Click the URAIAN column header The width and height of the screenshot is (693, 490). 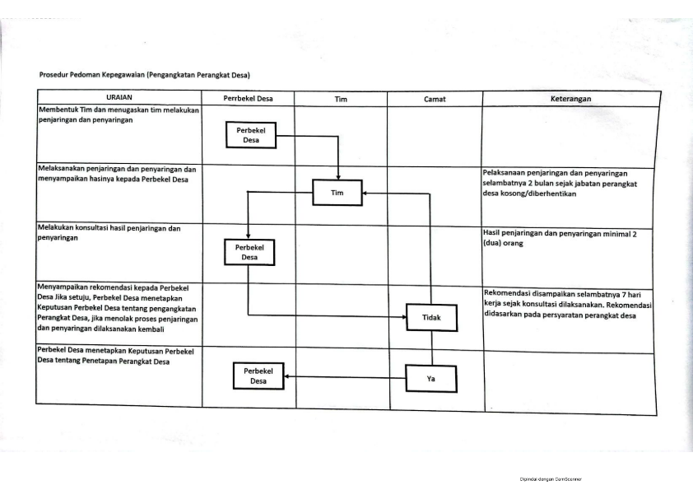tap(119, 97)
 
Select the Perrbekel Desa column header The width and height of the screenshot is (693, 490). tap(248, 98)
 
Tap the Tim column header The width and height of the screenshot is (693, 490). tap(340, 99)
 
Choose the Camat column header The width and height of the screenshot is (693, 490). tap(435, 99)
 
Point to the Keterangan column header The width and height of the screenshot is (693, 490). tap(570, 99)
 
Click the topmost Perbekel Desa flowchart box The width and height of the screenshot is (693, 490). tap(250, 135)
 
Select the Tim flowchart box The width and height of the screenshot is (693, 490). tap(337, 193)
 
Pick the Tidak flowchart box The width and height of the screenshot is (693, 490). tap(431, 318)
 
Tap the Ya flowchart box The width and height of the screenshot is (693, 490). tap(431, 379)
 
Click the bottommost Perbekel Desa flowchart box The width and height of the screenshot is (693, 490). tap(258, 376)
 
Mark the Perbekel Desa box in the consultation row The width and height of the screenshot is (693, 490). tap(249, 252)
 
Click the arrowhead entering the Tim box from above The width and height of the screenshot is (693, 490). tap(338, 176)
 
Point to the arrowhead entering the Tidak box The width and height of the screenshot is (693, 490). tap(403, 316)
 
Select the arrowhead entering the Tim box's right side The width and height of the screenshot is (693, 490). tap(365, 193)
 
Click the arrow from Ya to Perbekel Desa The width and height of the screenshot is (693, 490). tap(345, 377)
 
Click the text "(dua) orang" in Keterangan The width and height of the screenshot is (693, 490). tap(503, 243)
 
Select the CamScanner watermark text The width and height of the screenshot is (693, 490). tap(551, 479)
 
